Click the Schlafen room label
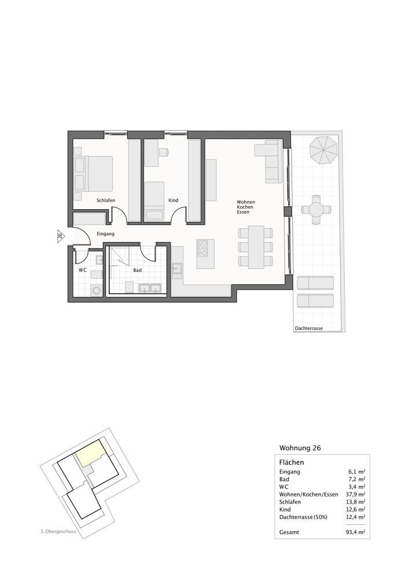click(106, 200)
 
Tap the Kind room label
click(173, 201)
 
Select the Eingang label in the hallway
click(105, 234)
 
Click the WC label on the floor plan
click(83, 270)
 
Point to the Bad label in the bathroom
click(137, 270)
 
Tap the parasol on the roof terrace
click(323, 150)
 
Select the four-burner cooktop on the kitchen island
click(204, 248)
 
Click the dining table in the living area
click(255, 247)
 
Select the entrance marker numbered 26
click(60, 235)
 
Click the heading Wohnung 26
click(300, 448)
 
